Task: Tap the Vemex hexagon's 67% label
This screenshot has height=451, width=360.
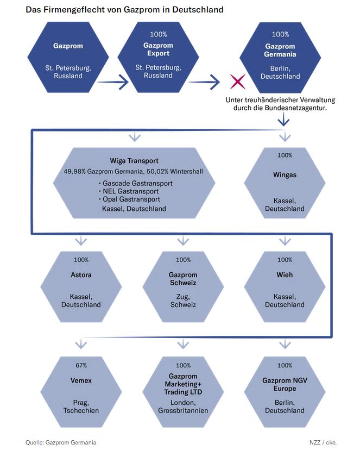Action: [x=81, y=365]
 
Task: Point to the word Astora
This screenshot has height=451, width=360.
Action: [x=81, y=274]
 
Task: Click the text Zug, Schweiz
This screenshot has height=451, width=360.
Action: [x=183, y=300]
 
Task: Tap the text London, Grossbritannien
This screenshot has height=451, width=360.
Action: [x=183, y=406]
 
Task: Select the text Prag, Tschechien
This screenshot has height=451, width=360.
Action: [x=81, y=406]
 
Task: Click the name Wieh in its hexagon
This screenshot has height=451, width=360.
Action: [x=285, y=274]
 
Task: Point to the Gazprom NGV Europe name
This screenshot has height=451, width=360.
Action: [x=285, y=385]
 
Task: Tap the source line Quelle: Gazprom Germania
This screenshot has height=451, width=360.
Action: [x=57, y=442]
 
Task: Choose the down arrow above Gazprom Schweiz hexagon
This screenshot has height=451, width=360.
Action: [x=183, y=240]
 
